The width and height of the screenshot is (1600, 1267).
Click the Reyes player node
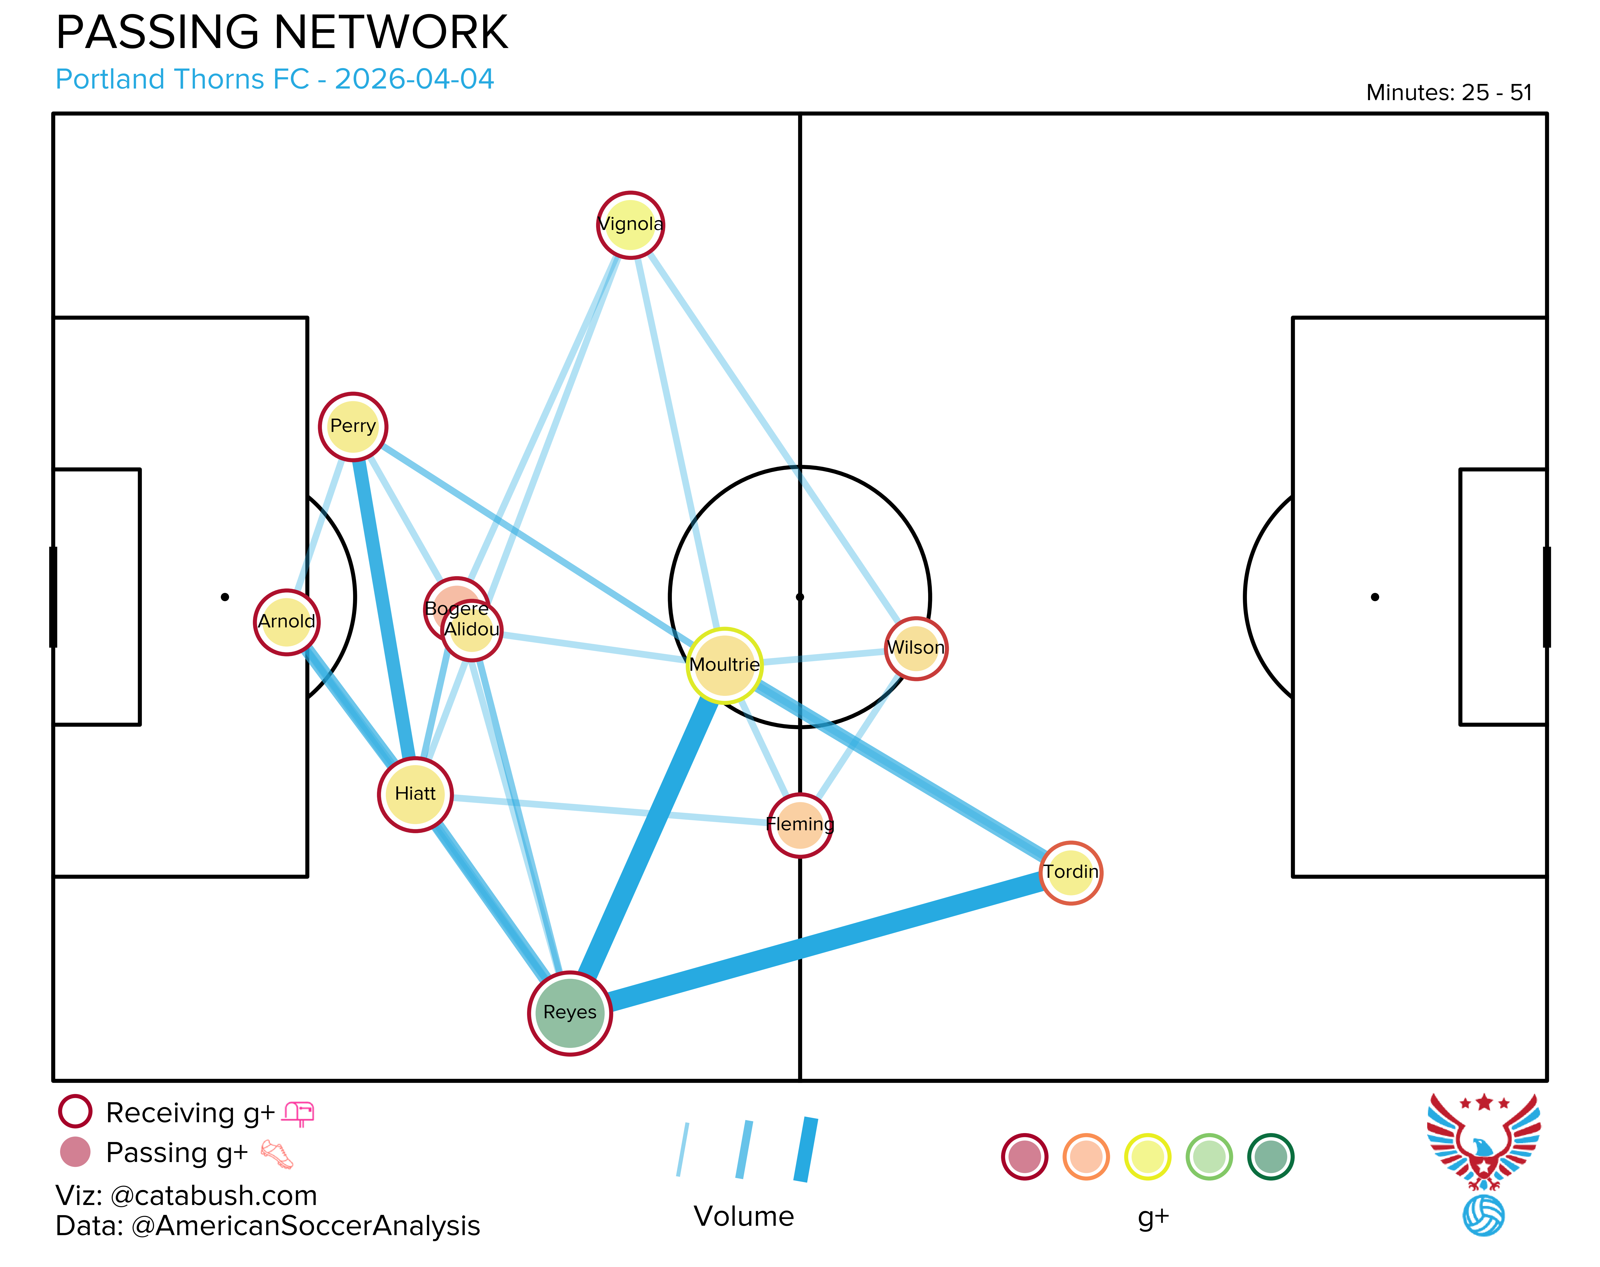click(x=570, y=1012)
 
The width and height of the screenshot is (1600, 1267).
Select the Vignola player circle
click(x=631, y=225)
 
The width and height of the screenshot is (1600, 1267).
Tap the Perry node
click(x=353, y=427)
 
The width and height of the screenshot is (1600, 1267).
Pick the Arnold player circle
click(x=287, y=622)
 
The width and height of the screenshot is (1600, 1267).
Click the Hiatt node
click(x=415, y=795)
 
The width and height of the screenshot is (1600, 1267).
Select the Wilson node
click(x=916, y=648)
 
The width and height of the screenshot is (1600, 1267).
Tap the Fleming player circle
click(x=800, y=825)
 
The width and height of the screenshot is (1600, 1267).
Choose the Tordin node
click(x=1070, y=872)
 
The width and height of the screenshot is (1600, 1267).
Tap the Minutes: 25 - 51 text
click(x=1449, y=93)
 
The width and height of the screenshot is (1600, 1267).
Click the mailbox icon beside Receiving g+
click(x=299, y=1113)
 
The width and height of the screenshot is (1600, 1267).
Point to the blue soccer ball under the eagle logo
click(x=1483, y=1215)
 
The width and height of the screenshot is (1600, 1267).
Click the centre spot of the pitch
click(x=800, y=597)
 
